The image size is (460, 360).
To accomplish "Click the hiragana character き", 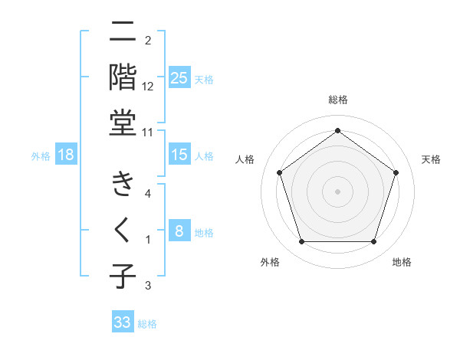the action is point(123,184).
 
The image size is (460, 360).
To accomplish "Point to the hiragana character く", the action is point(123,230).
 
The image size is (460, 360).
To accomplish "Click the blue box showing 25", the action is point(179,78).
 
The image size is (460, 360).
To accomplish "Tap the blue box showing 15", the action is point(179,155).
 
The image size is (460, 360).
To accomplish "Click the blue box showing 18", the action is point(66,155).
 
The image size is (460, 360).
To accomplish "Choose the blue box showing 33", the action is point(123,322).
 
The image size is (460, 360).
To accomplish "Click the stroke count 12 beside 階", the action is point(148,87).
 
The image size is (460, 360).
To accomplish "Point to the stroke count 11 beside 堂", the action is point(148,132).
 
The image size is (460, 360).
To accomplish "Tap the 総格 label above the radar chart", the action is point(338,100).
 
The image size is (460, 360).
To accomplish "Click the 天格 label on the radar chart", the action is point(432,159).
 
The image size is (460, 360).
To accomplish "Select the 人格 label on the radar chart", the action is point(245,159).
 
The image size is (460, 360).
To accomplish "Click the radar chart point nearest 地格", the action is point(373,242).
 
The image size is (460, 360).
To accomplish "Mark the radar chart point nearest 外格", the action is point(301,242).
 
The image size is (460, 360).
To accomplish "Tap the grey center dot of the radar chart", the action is point(337,191).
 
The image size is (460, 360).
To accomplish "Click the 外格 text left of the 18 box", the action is point(41,155).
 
